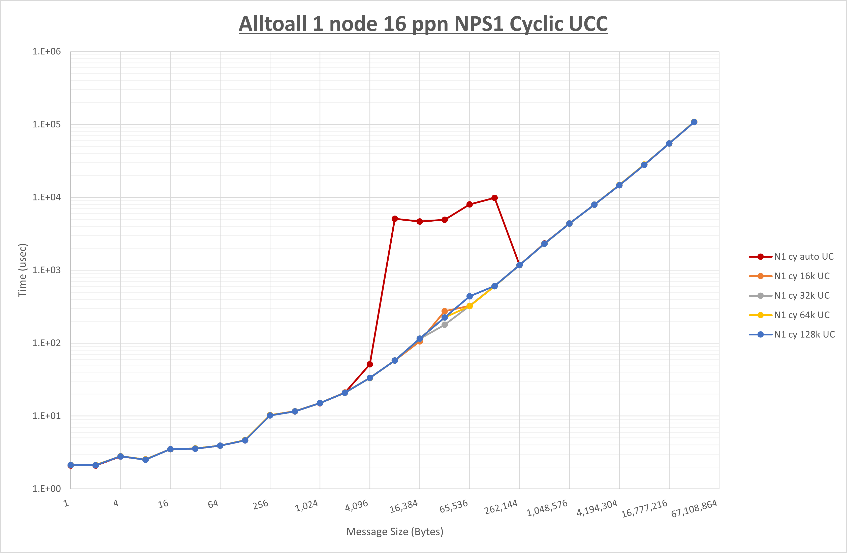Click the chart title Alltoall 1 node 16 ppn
tap(423, 24)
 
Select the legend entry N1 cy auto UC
tap(804, 257)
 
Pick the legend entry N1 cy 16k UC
tap(801, 276)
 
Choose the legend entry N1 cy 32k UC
tap(801, 296)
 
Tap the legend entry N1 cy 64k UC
tap(801, 315)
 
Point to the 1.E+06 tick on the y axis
tap(47, 52)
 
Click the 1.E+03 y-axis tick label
tap(47, 270)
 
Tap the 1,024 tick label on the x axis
tap(306, 506)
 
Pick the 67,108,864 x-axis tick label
tap(694, 508)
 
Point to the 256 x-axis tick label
tap(261, 505)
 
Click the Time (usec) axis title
tap(22, 270)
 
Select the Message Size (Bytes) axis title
tap(395, 532)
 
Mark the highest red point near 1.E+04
tap(494, 198)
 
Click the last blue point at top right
tap(694, 122)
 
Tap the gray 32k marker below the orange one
tap(445, 325)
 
